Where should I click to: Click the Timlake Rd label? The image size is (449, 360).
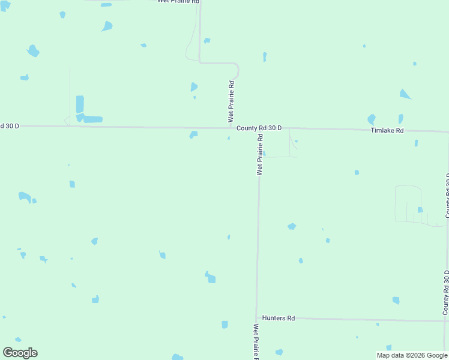click(387, 130)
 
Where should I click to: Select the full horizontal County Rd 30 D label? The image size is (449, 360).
click(259, 128)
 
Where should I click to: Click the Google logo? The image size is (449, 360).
click(20, 352)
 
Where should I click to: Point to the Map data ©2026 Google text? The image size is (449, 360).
click(412, 355)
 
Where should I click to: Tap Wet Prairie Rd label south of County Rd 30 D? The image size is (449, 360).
click(261, 154)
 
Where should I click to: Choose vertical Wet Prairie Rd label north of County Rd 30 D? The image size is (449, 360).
click(231, 101)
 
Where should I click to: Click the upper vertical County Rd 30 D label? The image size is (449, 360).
click(447, 196)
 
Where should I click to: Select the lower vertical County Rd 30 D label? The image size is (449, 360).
click(445, 293)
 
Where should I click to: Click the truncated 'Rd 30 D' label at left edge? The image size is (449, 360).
click(10, 125)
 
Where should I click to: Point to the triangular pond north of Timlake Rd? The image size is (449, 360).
click(406, 94)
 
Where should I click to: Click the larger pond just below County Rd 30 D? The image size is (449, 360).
click(193, 134)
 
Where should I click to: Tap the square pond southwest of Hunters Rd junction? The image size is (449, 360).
click(224, 325)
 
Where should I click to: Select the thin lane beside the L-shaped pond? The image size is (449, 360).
click(70, 96)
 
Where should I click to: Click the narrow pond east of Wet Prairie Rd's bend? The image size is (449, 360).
click(265, 57)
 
